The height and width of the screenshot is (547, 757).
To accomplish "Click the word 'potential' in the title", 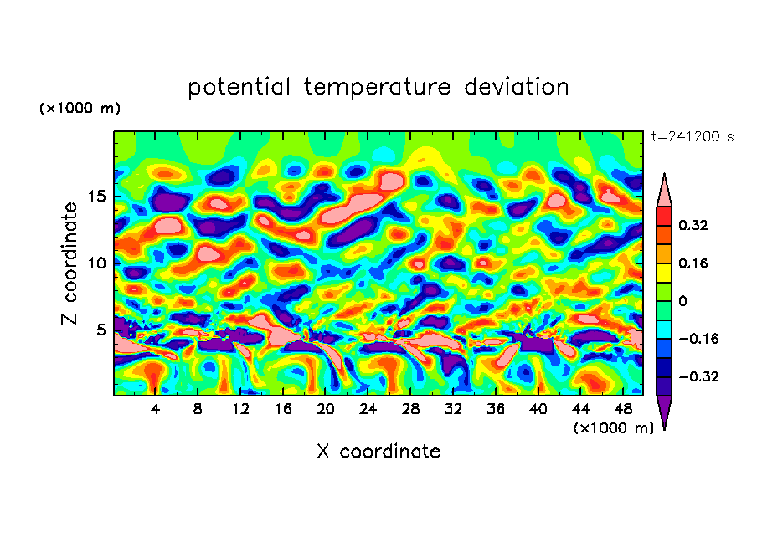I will [239, 87].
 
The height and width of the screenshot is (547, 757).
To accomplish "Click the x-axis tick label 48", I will [622, 409].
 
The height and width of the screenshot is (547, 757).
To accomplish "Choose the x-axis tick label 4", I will [156, 409].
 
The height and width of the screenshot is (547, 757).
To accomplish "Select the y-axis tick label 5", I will [100, 330].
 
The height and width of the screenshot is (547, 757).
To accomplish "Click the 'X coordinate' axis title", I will [378, 452].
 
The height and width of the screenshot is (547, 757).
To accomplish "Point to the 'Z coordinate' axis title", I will [70, 263].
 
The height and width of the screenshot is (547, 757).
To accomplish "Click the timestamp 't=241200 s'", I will [692, 137].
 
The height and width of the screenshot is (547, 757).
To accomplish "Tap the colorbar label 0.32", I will [694, 225].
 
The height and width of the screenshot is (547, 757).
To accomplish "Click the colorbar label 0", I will [682, 301].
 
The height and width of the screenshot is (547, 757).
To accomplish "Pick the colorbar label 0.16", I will [694, 263].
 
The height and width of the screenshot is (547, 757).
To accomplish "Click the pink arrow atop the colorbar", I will [664, 190].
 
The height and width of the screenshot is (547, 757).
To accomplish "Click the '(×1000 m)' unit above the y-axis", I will [80, 109].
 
